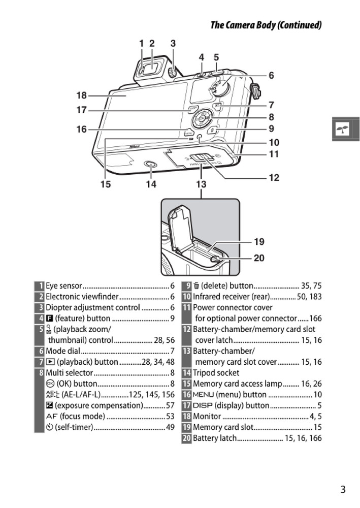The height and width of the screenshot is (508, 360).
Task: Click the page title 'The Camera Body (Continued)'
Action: point(266,25)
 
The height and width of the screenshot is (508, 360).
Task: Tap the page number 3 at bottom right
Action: point(343,489)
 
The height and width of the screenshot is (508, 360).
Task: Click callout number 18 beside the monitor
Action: point(81,96)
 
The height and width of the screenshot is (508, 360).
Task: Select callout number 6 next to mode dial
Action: point(271,76)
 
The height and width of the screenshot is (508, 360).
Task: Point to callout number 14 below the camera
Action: point(151,184)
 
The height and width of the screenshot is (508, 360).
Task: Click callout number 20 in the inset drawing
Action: point(259,258)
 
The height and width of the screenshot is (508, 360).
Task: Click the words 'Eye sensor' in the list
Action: point(63,286)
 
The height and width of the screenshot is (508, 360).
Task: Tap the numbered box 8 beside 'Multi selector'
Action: point(40,373)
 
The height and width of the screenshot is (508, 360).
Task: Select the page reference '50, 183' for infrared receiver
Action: point(306,297)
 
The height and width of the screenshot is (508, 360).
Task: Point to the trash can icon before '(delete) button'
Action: point(196,286)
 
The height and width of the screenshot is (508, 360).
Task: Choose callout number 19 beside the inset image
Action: point(259,242)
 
